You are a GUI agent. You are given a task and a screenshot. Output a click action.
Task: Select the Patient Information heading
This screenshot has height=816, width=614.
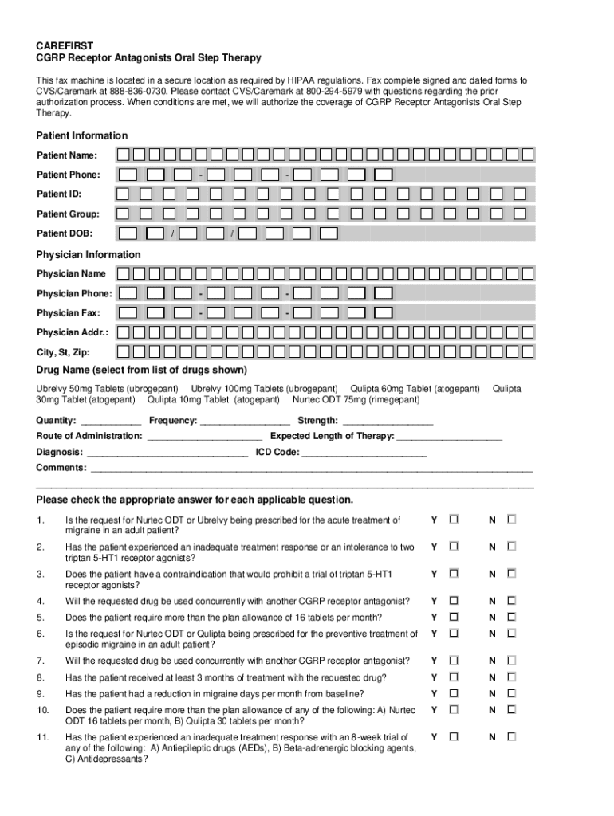pyautogui.click(x=82, y=135)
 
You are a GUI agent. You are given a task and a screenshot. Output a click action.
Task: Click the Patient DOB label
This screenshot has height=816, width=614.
pyautogui.click(x=64, y=233)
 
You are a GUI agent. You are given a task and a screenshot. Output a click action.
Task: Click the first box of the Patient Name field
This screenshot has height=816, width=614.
pyautogui.click(x=123, y=155)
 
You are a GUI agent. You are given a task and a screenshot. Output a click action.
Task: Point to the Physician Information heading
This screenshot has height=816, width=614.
pyautogui.click(x=89, y=254)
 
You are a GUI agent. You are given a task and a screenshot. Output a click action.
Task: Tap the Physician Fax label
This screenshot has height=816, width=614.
pyautogui.click(x=69, y=313)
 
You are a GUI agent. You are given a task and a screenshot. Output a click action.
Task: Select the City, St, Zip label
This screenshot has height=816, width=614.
pyautogui.click(x=63, y=352)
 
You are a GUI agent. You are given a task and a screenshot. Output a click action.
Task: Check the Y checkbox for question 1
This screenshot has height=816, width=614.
pyautogui.click(x=454, y=520)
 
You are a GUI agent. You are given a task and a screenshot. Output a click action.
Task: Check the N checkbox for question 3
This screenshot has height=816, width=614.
pyautogui.click(x=511, y=574)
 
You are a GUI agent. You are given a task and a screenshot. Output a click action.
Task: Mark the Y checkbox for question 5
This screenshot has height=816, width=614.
pyautogui.click(x=454, y=617)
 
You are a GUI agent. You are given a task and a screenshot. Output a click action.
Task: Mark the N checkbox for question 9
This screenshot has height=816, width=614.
pyautogui.click(x=511, y=693)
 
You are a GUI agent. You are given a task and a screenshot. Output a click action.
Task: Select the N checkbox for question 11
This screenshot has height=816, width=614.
pyautogui.click(x=511, y=737)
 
